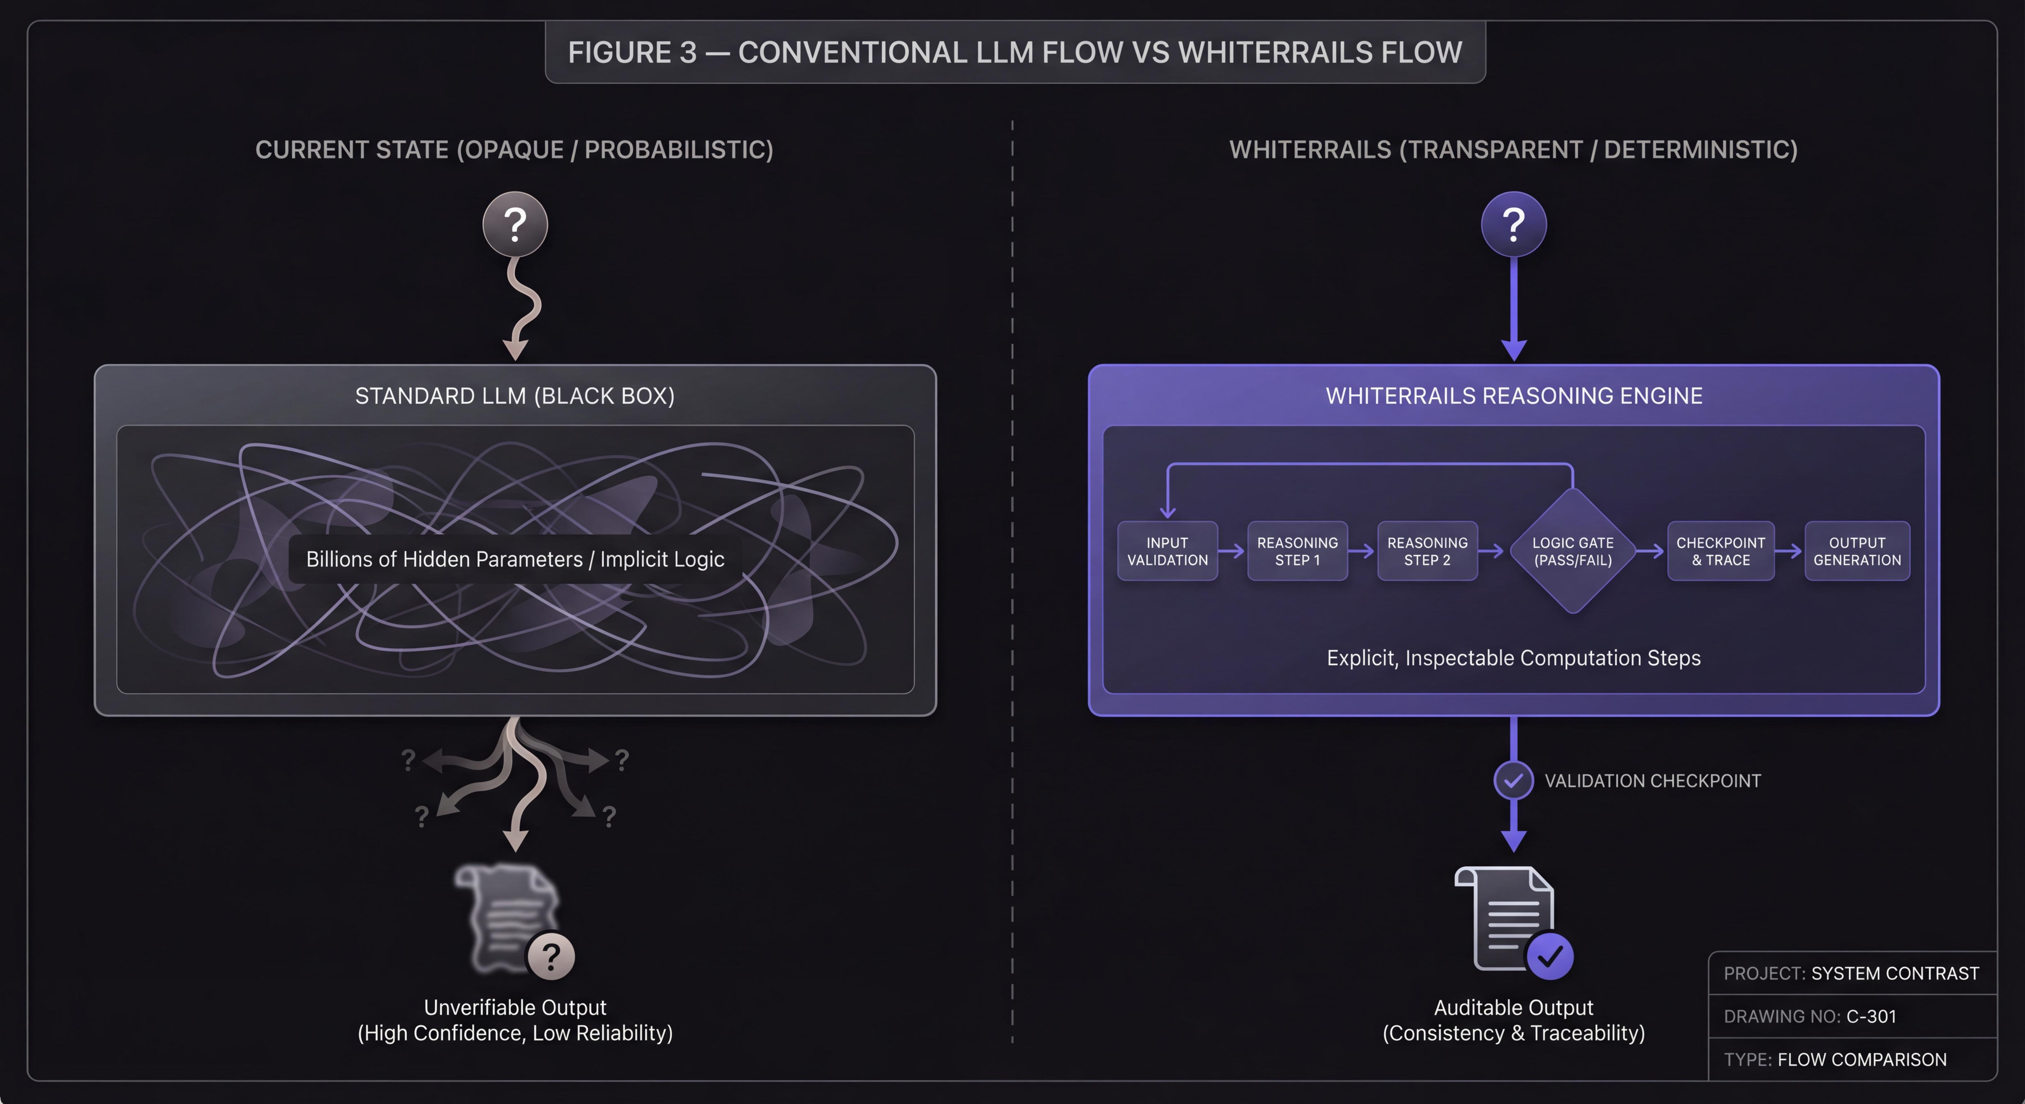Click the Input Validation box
(1167, 551)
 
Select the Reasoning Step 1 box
(1297, 551)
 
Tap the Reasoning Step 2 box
(1427, 551)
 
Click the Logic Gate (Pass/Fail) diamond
(1572, 551)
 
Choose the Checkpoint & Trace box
(1720, 551)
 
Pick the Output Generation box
(1857, 551)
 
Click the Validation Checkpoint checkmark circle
(1513, 780)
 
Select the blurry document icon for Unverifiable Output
(507, 915)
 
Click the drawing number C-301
(1871, 1016)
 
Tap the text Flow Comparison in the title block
(1861, 1059)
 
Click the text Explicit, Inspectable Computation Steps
(1513, 658)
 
